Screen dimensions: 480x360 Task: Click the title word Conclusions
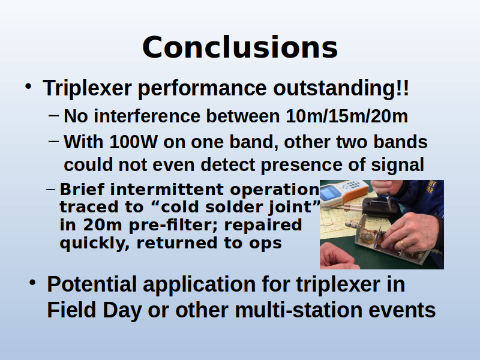coord(240,47)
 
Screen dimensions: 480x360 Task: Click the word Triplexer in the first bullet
coord(87,89)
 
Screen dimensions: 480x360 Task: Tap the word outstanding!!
coord(341,88)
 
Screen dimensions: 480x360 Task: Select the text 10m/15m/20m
coord(347,116)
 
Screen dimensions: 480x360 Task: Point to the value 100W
coord(133,142)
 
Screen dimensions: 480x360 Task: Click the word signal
coord(398,166)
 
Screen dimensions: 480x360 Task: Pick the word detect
coord(228,164)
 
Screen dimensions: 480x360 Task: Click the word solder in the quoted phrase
coord(233,207)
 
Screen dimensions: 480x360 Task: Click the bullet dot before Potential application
coord(32,283)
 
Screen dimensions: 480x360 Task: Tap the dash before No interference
coord(53,116)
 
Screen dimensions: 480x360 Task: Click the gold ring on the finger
coord(403,244)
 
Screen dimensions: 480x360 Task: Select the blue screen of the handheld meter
coord(329,193)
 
